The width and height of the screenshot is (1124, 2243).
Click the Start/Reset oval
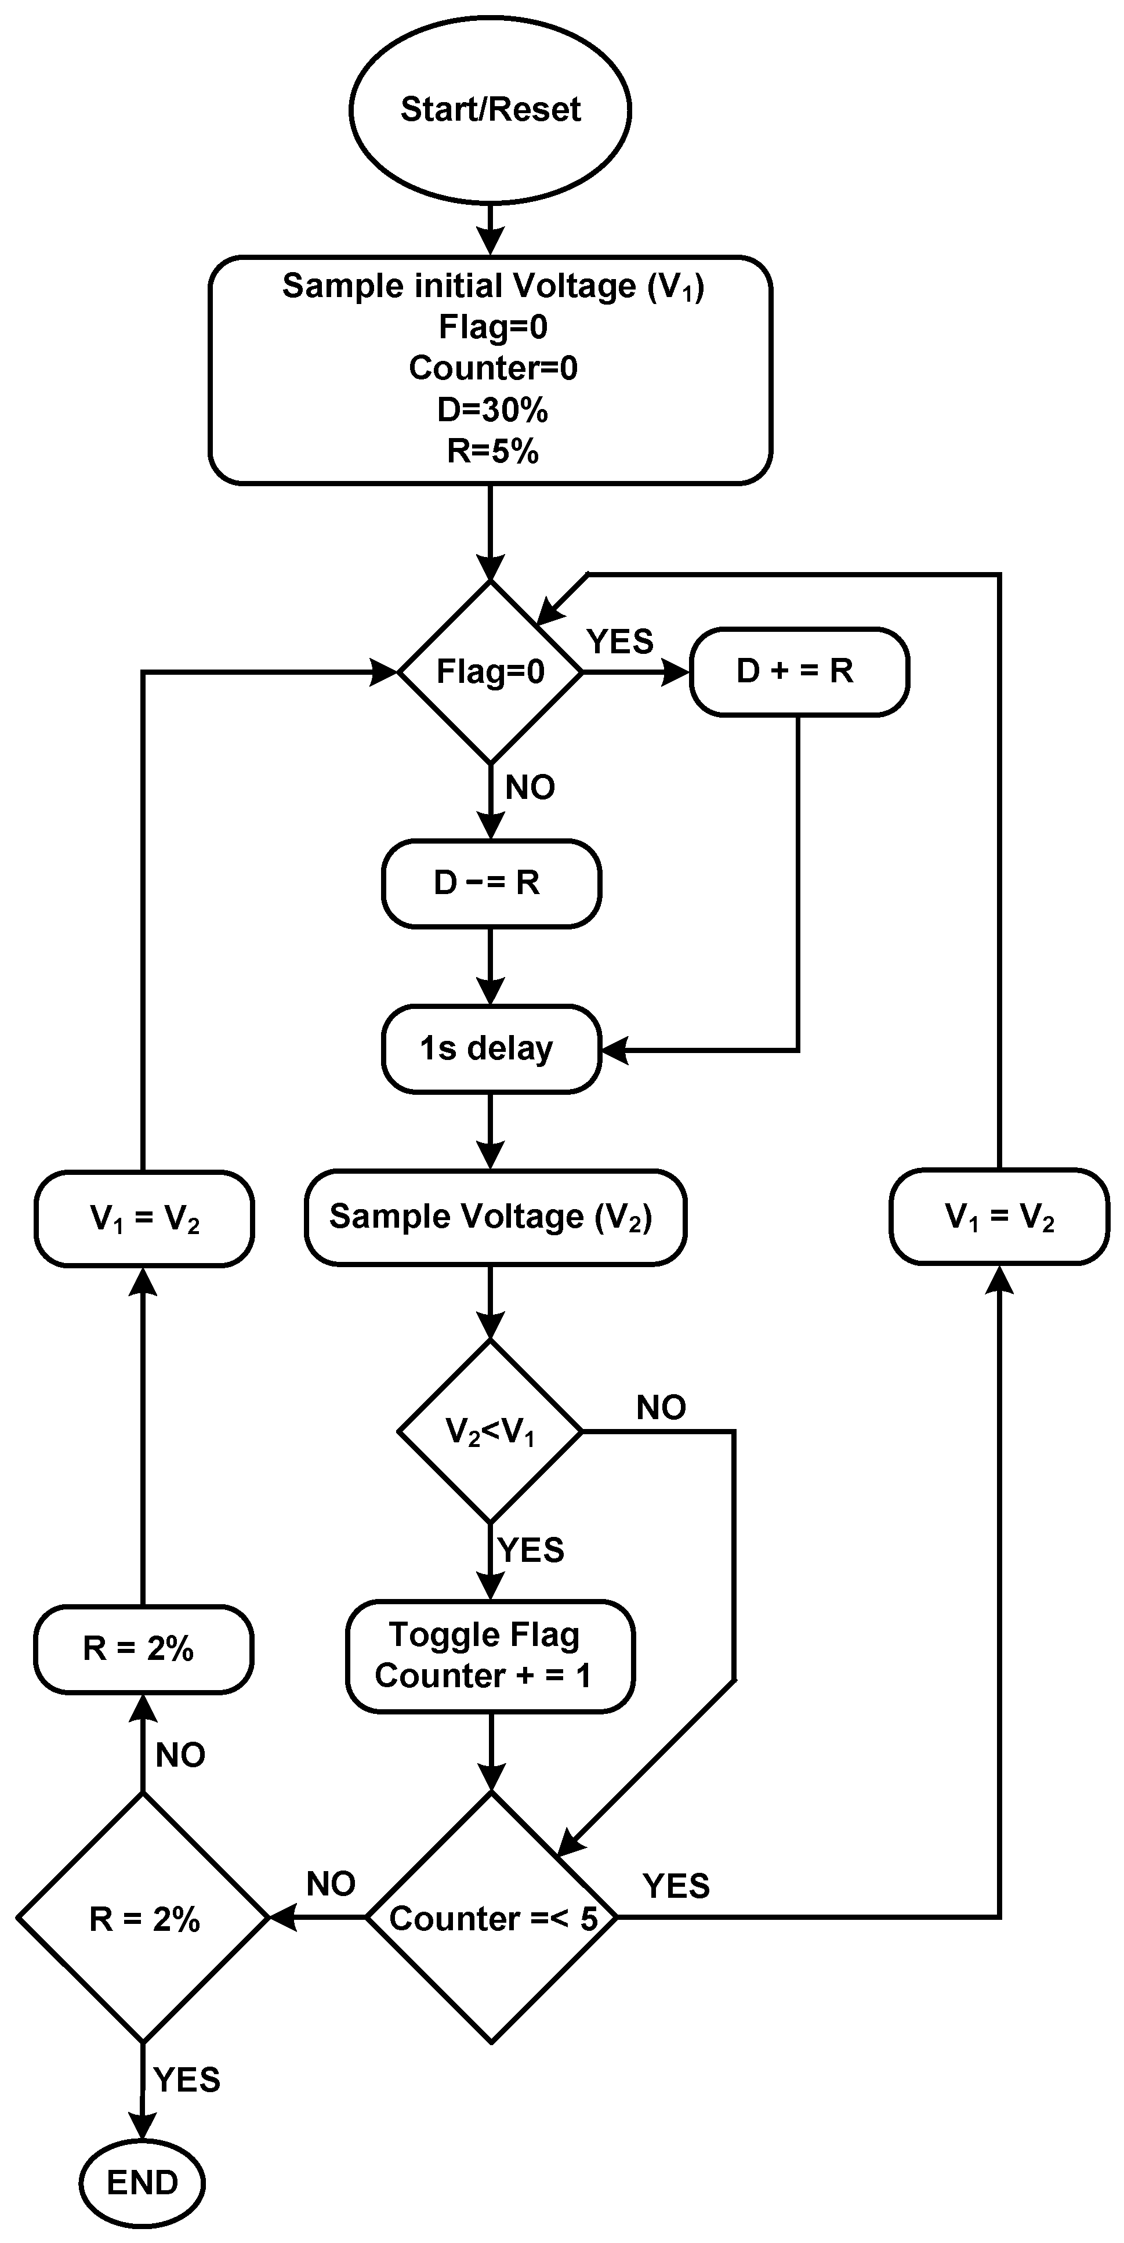[x=490, y=110]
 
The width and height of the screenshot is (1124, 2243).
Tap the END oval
[x=142, y=2182]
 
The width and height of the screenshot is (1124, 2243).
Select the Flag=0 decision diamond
[x=490, y=671]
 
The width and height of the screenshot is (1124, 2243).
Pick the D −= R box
[x=490, y=883]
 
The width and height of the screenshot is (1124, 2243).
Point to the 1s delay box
[x=490, y=1048]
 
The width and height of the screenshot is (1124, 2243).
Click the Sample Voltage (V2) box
[x=495, y=1217]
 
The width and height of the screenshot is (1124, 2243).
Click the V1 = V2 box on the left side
[x=144, y=1218]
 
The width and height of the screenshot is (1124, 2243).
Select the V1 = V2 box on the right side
[x=999, y=1217]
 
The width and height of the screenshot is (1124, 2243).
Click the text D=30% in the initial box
[x=492, y=409]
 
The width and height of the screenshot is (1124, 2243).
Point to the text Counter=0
[x=493, y=368]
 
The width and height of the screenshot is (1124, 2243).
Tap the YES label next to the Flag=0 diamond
[x=619, y=642]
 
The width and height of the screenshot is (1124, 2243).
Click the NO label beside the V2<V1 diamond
[x=661, y=1407]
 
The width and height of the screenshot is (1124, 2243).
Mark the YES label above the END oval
[x=186, y=2079]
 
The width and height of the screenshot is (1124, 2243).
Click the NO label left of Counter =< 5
[x=331, y=1884]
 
